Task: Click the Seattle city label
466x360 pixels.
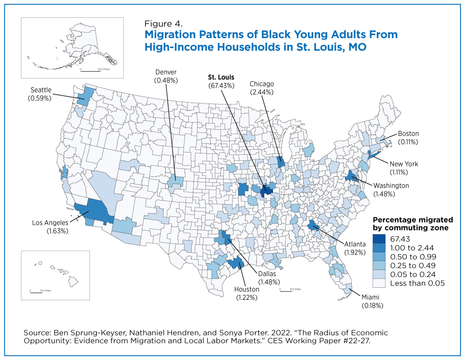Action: (x=41, y=90)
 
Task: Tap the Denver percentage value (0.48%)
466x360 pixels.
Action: (x=166, y=80)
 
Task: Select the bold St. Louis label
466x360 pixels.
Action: (x=221, y=77)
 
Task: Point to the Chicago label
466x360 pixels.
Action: (x=261, y=84)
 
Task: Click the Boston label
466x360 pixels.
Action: (x=408, y=133)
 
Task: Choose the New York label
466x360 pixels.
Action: (x=404, y=164)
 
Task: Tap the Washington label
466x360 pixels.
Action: (x=391, y=186)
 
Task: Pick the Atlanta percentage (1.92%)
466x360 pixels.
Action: (x=355, y=253)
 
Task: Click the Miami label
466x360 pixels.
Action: (x=370, y=297)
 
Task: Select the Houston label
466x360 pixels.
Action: (x=247, y=289)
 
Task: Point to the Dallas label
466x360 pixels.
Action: (x=267, y=274)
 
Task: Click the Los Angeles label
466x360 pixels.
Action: (x=50, y=222)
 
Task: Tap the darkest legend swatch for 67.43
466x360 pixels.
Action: (x=379, y=239)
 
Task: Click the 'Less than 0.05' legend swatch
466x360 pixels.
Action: (x=379, y=283)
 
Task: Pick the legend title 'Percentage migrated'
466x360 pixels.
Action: (x=413, y=220)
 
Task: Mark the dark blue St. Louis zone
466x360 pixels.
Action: (x=267, y=191)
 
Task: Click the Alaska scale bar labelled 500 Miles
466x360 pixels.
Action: (x=90, y=71)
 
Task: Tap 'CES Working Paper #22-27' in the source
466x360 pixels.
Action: (x=319, y=340)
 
